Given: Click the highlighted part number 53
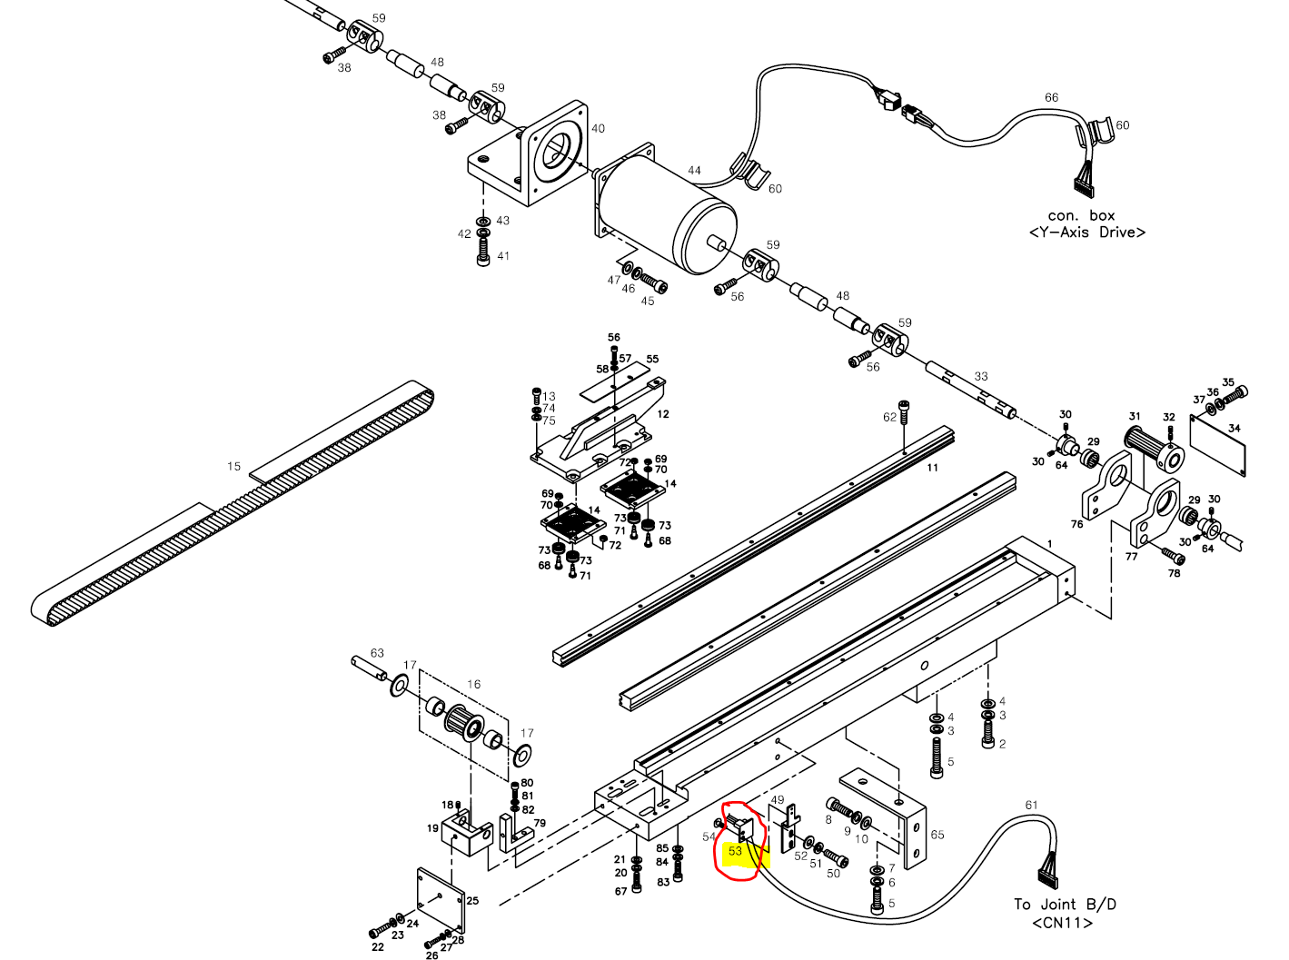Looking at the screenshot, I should pyautogui.click(x=735, y=851).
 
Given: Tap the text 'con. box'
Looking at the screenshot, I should pyautogui.click(x=1081, y=215).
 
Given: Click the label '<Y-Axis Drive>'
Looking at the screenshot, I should pyautogui.click(x=1086, y=233).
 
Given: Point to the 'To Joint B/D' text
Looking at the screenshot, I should pyautogui.click(x=1065, y=904).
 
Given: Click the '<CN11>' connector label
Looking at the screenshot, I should pyautogui.click(x=1062, y=923).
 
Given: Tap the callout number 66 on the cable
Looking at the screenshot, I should pyautogui.click(x=1051, y=97).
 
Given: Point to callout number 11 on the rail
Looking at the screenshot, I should pyautogui.click(x=933, y=468).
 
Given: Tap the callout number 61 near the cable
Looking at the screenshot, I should pyautogui.click(x=1031, y=805).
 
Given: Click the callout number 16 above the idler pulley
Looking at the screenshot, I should pyautogui.click(x=473, y=684).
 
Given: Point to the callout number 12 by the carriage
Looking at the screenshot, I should pyautogui.click(x=663, y=414).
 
